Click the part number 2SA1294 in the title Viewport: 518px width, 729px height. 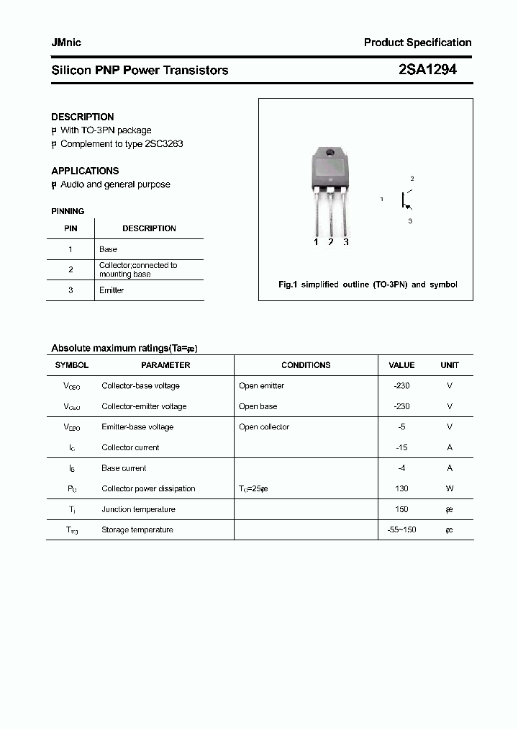(x=427, y=70)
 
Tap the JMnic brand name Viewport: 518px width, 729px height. (x=66, y=43)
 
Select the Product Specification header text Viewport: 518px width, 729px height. (x=417, y=43)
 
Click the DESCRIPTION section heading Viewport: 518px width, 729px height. (x=83, y=117)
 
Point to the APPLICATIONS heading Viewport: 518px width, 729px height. (x=85, y=171)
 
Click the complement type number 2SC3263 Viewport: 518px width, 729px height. (x=163, y=144)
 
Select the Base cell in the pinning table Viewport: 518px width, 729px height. (x=108, y=249)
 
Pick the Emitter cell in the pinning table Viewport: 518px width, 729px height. (x=112, y=290)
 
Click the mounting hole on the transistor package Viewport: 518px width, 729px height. (x=330, y=153)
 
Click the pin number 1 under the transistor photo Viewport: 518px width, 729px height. (x=316, y=242)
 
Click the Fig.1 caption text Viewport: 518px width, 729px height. (x=368, y=285)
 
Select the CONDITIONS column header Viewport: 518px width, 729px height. (x=306, y=365)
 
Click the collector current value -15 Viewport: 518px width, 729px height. (x=401, y=447)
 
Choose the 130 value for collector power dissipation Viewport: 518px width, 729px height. (x=401, y=488)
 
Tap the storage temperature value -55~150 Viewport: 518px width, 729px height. (x=401, y=529)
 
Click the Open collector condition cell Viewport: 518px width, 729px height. (x=264, y=427)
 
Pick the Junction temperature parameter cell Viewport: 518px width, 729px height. (x=138, y=509)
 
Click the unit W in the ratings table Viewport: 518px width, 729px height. (x=450, y=488)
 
